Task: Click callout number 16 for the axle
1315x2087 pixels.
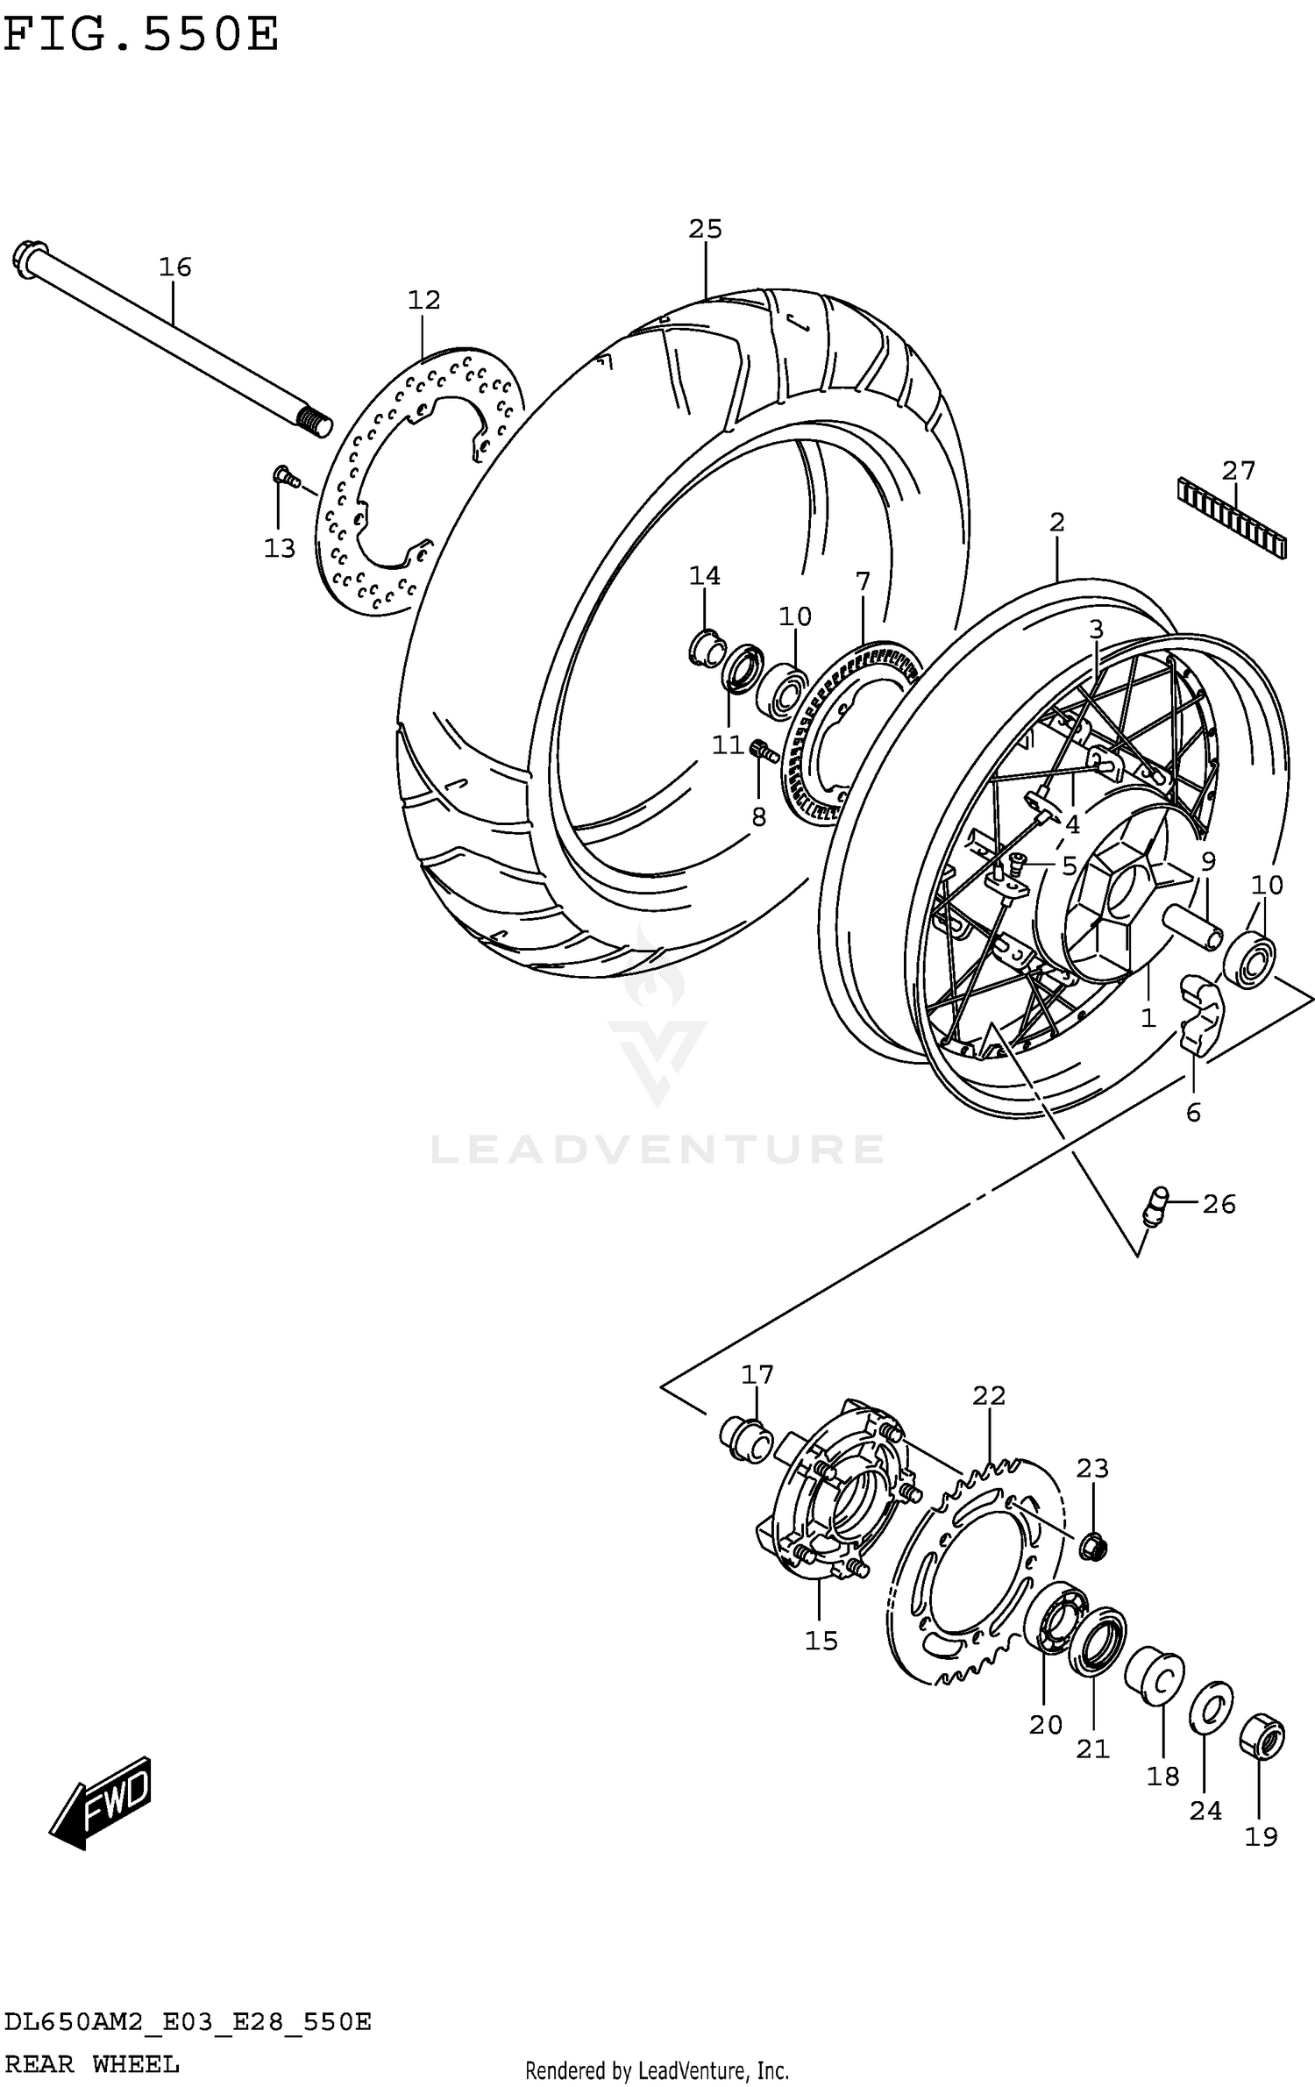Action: click(174, 267)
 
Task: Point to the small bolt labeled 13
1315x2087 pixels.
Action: click(283, 476)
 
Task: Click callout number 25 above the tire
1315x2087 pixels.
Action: click(705, 229)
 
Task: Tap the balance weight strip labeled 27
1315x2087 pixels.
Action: click(1233, 517)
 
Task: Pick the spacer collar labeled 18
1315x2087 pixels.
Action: click(1155, 1675)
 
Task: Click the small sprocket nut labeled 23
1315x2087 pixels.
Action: click(1092, 1545)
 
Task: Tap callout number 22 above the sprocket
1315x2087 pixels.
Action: click(988, 1394)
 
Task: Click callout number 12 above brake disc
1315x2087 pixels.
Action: click(423, 300)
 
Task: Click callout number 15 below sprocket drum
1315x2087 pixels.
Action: click(821, 1640)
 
